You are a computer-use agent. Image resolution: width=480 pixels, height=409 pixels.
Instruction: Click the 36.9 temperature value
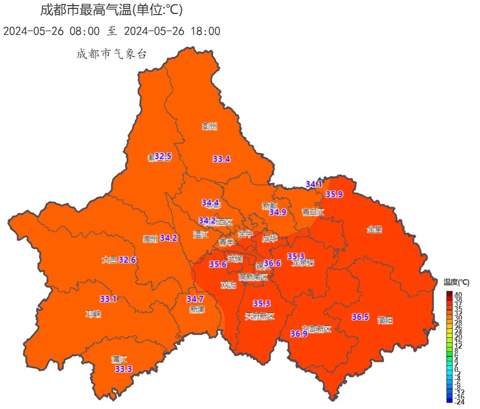299,334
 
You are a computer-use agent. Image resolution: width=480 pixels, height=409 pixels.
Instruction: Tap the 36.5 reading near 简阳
360,317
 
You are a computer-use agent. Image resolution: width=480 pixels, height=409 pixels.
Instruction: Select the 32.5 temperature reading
163,156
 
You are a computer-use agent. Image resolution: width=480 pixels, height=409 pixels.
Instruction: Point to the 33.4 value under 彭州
222,159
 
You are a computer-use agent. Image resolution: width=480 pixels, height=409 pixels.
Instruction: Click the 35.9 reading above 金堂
334,194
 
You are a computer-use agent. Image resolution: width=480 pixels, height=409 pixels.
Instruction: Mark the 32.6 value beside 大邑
128,260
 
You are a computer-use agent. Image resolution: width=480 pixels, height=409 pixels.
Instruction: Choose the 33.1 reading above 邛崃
109,299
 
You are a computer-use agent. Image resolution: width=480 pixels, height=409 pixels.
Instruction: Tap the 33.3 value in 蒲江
123,369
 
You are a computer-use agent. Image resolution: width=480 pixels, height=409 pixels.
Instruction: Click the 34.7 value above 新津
195,299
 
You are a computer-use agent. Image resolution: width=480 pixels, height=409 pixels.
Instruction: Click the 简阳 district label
385,320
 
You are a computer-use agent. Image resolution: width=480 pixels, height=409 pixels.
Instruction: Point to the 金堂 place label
374,229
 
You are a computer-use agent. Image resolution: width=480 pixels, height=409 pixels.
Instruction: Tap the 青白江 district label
313,212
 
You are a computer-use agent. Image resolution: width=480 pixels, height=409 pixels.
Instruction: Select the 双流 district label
228,285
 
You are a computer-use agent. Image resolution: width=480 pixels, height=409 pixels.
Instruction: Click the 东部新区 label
317,329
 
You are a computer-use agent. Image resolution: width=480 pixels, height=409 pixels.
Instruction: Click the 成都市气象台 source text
111,54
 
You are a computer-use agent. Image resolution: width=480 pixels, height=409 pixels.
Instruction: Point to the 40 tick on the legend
458,294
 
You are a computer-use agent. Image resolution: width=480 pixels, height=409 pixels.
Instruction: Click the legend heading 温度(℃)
457,281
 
